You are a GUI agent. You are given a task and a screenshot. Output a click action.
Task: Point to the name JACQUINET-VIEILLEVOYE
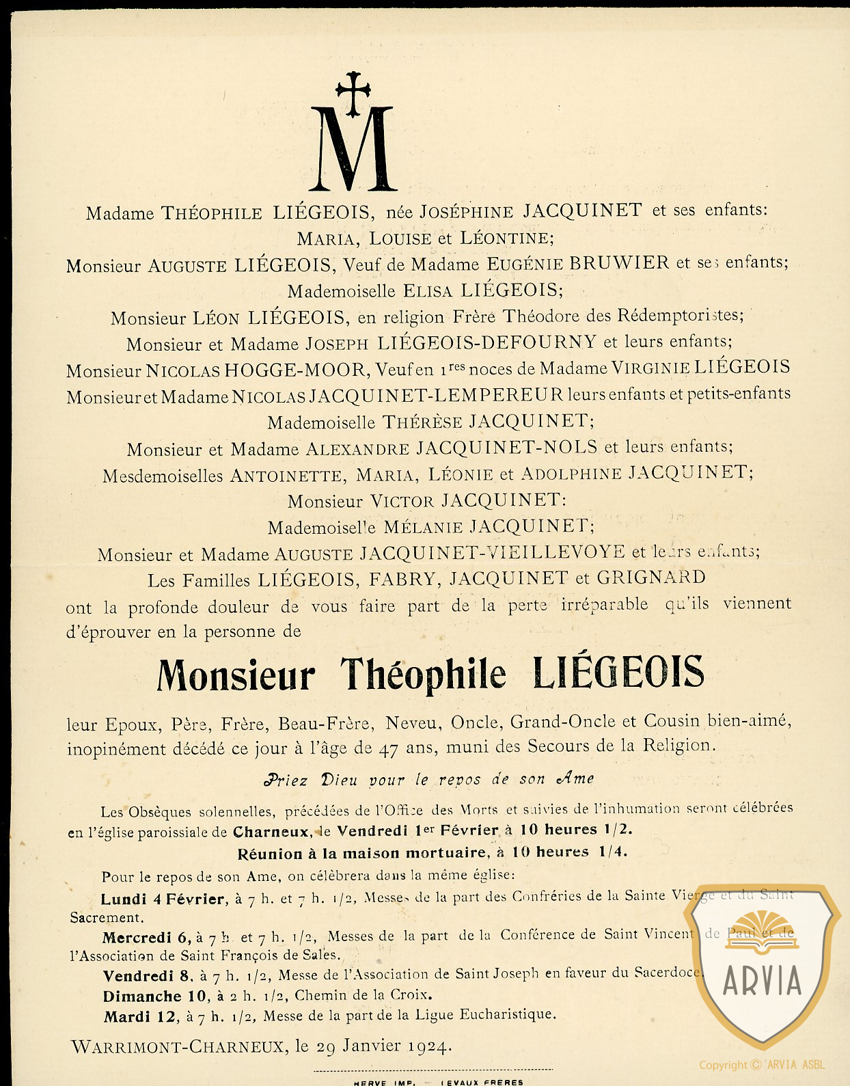[x=492, y=552]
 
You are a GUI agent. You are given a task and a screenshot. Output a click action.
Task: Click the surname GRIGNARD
[x=650, y=578]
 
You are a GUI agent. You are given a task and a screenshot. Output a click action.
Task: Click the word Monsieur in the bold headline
[x=236, y=676]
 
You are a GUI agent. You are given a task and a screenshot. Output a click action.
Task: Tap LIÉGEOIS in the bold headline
[x=618, y=673]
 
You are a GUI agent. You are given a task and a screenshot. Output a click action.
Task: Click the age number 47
[x=388, y=748]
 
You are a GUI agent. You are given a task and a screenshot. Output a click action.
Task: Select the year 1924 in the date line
[x=429, y=1046]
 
